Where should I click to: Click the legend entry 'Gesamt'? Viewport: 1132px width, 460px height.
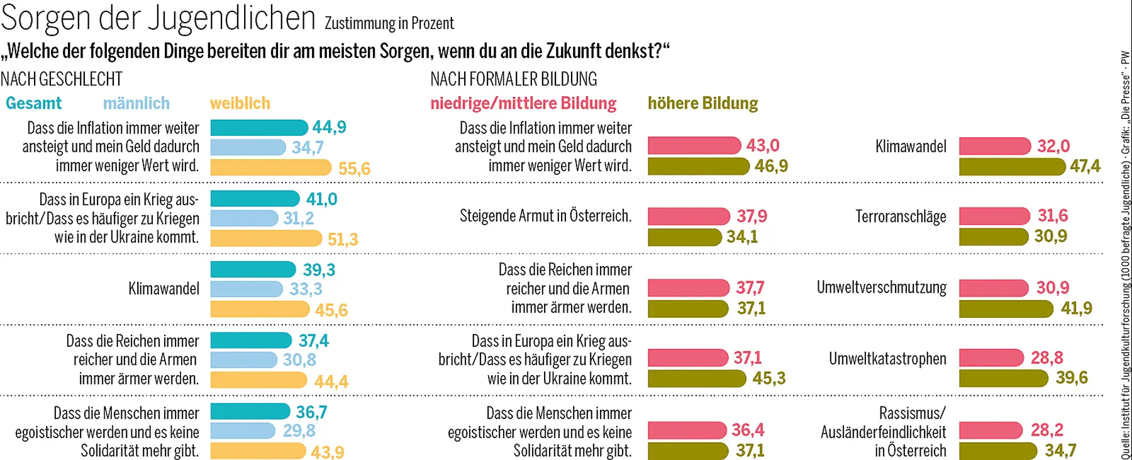[34, 103]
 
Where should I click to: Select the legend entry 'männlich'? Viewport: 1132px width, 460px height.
[136, 103]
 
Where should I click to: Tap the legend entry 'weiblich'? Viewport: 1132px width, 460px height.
[240, 103]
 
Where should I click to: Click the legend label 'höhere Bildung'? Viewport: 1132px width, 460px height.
[702, 103]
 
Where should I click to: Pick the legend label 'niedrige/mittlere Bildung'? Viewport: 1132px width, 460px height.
[523, 103]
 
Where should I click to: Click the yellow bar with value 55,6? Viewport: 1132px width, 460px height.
[270, 167]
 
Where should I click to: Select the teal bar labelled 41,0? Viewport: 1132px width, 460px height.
[255, 199]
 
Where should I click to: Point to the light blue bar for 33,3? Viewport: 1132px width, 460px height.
[247, 289]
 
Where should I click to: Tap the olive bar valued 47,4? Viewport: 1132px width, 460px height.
[1012, 166]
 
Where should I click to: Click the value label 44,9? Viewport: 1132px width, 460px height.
[329, 127]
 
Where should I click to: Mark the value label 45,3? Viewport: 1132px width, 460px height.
[769, 378]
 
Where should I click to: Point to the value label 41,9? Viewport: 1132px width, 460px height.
[1076, 308]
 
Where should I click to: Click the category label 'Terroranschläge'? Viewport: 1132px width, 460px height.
[901, 217]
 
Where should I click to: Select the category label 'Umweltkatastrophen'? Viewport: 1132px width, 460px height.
[887, 359]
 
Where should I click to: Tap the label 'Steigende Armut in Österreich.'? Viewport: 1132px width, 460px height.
[545, 216]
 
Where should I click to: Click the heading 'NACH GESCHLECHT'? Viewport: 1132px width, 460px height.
[62, 79]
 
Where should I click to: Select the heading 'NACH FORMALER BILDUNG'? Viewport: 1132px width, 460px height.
[513, 79]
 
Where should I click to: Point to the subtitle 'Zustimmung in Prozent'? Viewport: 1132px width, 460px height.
[389, 24]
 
